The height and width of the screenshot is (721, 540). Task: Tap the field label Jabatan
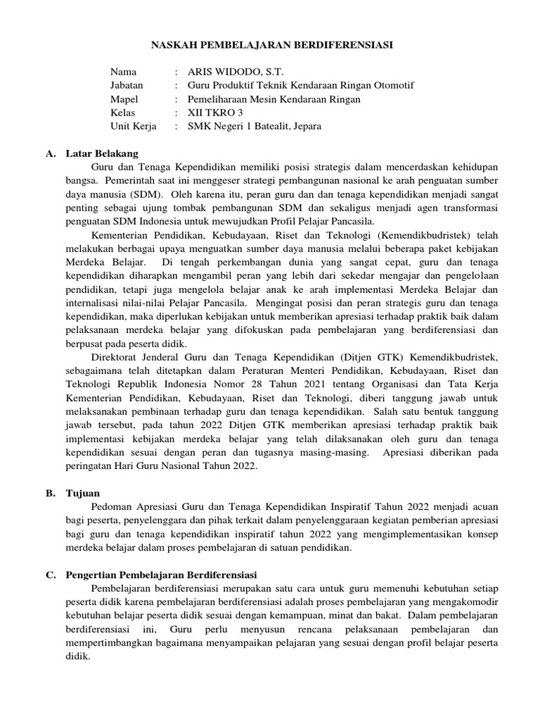(127, 85)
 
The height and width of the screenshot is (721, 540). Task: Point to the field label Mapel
(124, 99)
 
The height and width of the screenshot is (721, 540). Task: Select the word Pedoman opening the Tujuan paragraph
(112, 507)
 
